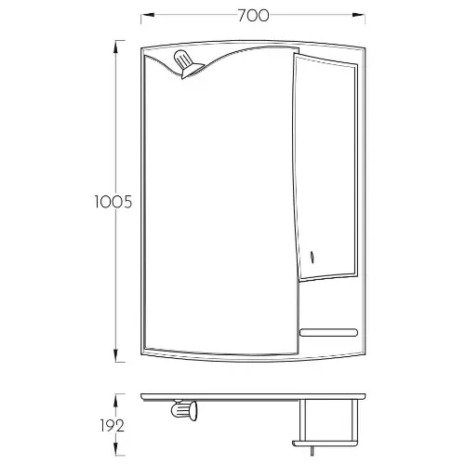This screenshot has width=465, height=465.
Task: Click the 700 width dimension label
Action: pyautogui.click(x=253, y=16)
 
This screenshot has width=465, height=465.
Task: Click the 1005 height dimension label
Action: pyautogui.click(x=113, y=202)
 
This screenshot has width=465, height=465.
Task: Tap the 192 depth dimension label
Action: pyautogui.click(x=113, y=426)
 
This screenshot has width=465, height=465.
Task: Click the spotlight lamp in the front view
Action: pyautogui.click(x=187, y=64)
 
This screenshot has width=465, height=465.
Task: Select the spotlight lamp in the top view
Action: pyautogui.click(x=184, y=410)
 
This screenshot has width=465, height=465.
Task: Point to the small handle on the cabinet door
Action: pyautogui.click(x=312, y=257)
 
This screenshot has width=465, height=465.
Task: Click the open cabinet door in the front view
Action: pyautogui.click(x=325, y=167)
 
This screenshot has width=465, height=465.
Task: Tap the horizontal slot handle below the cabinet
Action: pyautogui.click(x=328, y=332)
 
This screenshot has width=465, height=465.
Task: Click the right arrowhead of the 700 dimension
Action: pyautogui.click(x=358, y=15)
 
